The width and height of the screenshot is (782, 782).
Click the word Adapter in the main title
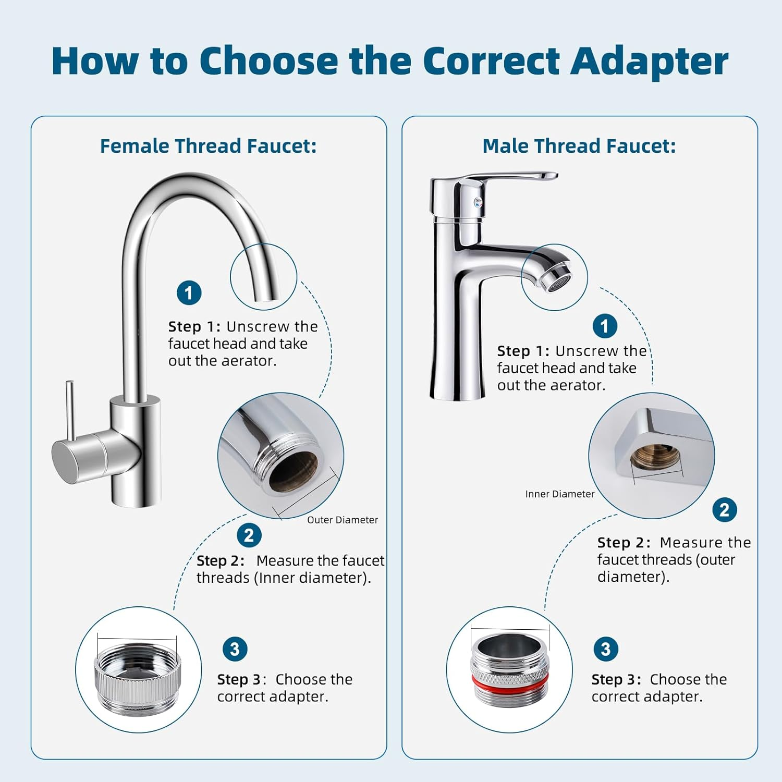[649, 62]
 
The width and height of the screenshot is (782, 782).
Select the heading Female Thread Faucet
[208, 146]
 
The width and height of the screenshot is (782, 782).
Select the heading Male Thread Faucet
[579, 146]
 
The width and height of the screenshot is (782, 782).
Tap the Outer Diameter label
[342, 520]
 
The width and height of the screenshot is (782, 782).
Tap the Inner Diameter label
[559, 494]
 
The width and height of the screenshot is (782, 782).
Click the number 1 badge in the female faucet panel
[189, 293]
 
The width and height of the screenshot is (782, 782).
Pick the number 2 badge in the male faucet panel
[724, 510]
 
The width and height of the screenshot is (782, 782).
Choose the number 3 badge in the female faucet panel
[235, 649]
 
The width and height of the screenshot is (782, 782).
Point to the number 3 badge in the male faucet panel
[605, 649]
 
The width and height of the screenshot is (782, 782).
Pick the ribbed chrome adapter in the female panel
[138, 678]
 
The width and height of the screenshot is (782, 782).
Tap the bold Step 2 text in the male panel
[623, 543]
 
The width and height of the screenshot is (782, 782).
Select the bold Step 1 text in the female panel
[194, 327]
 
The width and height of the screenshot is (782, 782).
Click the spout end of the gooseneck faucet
[264, 295]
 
